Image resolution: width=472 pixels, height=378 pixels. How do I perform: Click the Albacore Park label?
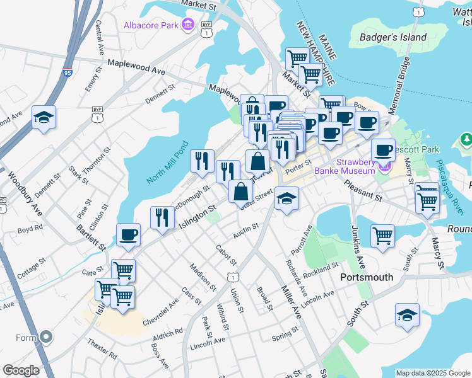[x=151, y=26]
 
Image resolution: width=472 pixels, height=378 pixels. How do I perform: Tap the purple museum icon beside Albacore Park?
[x=187, y=25]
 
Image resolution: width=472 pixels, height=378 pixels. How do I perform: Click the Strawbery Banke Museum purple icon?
[x=384, y=167]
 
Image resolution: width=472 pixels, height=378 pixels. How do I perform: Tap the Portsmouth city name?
[x=367, y=277]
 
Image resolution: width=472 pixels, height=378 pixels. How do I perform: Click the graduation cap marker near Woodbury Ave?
[x=44, y=117]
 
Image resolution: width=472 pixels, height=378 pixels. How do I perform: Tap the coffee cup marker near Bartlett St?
[x=129, y=235]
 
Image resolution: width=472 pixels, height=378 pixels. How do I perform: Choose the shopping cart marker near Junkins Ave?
[x=382, y=236]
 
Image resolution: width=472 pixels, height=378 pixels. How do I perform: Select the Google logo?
[x=21, y=370]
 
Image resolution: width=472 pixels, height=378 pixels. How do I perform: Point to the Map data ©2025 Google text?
[x=432, y=373]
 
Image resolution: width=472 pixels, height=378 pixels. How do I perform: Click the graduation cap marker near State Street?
[x=287, y=199]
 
